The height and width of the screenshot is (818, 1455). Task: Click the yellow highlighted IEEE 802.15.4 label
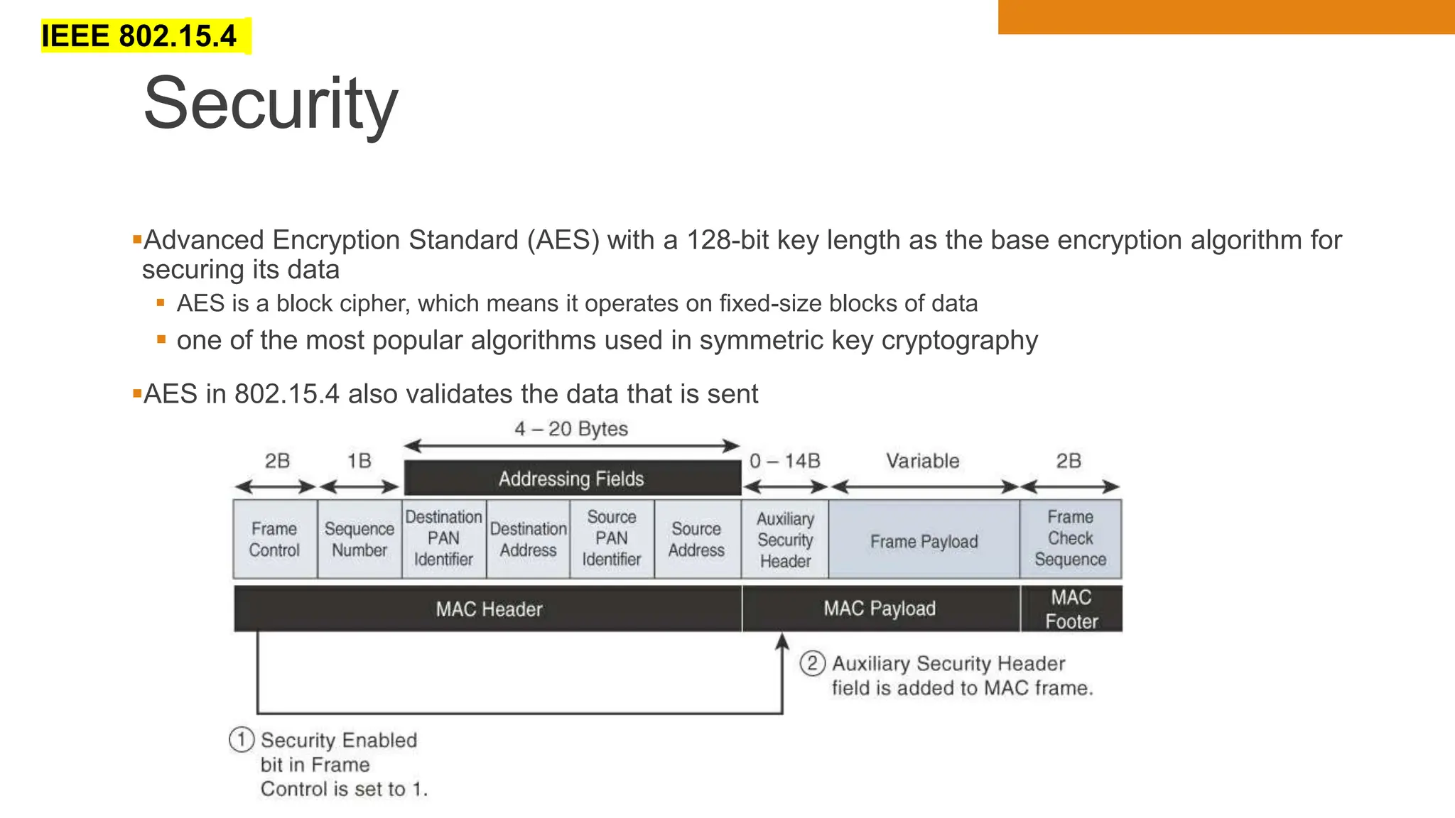pos(139,36)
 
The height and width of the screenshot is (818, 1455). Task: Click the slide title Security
pos(270,104)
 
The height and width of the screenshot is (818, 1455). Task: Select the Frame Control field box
pos(275,539)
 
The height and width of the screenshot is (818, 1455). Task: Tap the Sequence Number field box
pos(359,539)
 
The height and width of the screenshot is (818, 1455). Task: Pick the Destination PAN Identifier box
pos(444,539)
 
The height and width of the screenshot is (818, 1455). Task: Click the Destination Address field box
pos(528,539)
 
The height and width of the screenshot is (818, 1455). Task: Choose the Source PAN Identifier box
pos(612,539)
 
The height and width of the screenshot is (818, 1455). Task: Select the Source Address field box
pos(697,539)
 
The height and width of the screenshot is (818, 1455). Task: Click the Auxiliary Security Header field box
pos(785,540)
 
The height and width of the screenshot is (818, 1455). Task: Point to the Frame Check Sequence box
pos(1071,539)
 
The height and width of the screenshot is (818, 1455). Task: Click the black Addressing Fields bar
pos(572,479)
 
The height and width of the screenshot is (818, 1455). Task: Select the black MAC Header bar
pos(489,609)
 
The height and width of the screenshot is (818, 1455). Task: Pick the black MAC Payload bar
pos(880,609)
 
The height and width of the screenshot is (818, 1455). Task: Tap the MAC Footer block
pos(1071,609)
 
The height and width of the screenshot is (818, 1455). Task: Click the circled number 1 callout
pos(242,739)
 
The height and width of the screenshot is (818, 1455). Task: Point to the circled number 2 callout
pos(812,663)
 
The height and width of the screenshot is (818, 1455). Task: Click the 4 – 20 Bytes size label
pos(571,429)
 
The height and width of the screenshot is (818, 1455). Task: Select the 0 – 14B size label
pos(785,461)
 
